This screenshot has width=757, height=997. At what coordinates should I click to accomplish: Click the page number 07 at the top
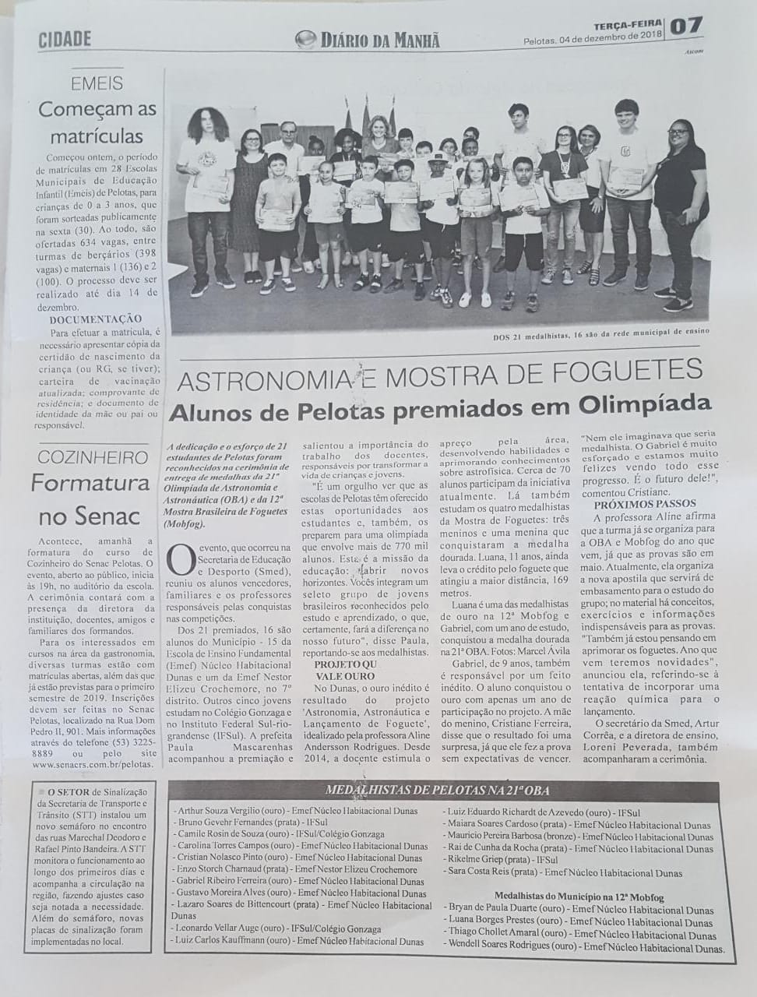pyautogui.click(x=686, y=26)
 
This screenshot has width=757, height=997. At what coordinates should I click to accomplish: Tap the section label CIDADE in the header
pyautogui.click(x=65, y=38)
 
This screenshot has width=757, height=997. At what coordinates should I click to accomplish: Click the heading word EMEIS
pyautogui.click(x=97, y=83)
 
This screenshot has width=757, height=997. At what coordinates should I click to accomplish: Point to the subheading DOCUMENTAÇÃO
pyautogui.click(x=95, y=319)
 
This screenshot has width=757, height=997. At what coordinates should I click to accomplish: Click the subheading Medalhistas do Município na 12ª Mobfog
pyautogui.click(x=579, y=897)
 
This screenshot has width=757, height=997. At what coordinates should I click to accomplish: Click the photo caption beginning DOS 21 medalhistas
pyautogui.click(x=600, y=331)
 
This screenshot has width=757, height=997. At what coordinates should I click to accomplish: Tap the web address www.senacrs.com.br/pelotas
pyautogui.click(x=93, y=764)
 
